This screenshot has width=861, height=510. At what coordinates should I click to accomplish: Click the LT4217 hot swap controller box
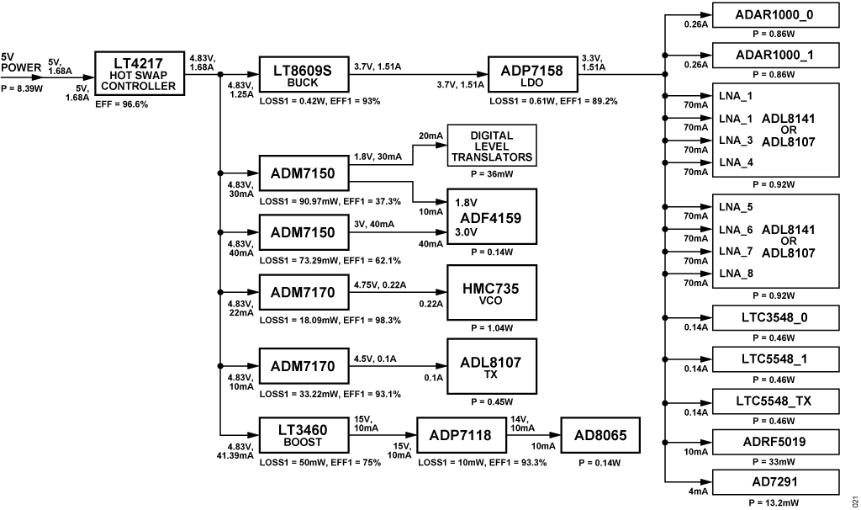coord(140,74)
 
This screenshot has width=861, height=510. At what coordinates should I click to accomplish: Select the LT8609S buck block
coord(304,74)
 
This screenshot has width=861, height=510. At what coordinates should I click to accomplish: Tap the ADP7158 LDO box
coord(532,74)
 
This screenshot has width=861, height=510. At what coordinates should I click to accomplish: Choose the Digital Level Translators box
coord(492,146)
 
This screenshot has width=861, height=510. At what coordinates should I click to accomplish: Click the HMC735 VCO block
coord(492,292)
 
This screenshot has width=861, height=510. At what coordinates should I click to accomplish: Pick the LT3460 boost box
coord(304,435)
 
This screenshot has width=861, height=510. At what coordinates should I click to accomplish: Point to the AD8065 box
coord(600,435)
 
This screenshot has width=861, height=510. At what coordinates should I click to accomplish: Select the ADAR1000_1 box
coord(775,55)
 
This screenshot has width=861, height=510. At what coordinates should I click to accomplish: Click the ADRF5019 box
coord(775,442)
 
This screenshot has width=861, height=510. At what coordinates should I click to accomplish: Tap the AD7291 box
coord(775,482)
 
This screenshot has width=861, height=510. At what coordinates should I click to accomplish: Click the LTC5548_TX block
coord(775,401)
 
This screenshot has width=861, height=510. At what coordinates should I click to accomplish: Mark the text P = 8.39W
coord(22,88)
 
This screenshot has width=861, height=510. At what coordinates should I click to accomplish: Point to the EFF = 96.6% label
coord(121,104)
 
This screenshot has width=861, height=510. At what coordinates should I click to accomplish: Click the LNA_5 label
coord(736,207)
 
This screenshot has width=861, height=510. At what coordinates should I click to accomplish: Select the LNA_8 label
coord(736,274)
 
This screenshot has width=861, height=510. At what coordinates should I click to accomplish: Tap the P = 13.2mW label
coord(774,503)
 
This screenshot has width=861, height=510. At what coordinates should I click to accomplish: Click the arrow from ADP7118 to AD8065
coord(533,435)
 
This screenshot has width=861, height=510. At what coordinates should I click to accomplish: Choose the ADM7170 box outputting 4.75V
coord(304,292)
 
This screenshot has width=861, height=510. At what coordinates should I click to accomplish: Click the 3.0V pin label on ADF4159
coord(466,232)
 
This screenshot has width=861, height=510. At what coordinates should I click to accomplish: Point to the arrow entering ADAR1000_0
coord(689,15)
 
